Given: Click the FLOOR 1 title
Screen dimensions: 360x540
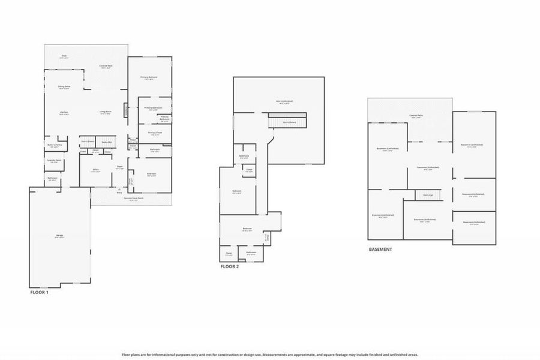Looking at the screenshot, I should click(39, 292).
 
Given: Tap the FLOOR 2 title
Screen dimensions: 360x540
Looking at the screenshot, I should click(229, 266).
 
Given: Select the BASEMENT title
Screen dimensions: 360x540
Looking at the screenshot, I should click(380, 249).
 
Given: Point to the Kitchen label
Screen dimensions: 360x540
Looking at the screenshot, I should click(64, 112).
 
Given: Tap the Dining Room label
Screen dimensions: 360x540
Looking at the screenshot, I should click(64, 87).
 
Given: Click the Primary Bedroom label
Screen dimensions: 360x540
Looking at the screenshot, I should click(149, 77).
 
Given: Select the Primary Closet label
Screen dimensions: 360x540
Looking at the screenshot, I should click(155, 133).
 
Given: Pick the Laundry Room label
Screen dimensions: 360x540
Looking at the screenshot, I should click(54, 161).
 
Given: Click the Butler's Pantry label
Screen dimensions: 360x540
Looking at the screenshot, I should click(55, 145).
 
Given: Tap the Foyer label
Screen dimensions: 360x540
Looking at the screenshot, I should click(119, 167).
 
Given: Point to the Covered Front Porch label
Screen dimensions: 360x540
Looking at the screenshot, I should click(133, 199).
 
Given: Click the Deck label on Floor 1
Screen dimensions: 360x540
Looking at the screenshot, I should click(64, 56).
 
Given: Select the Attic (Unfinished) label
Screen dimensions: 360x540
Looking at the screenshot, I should click(284, 101).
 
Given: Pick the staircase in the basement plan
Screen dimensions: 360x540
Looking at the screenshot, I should click(428, 195).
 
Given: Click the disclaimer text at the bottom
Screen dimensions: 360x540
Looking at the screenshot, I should click(270, 355).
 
